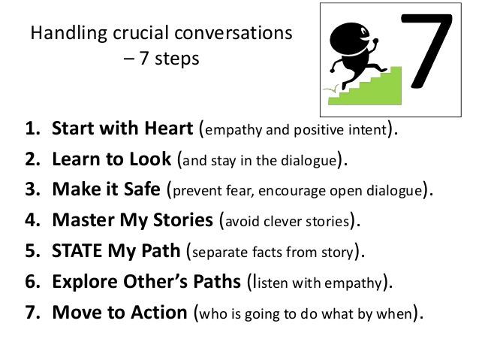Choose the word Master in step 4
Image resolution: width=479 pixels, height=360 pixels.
tap(81, 220)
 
